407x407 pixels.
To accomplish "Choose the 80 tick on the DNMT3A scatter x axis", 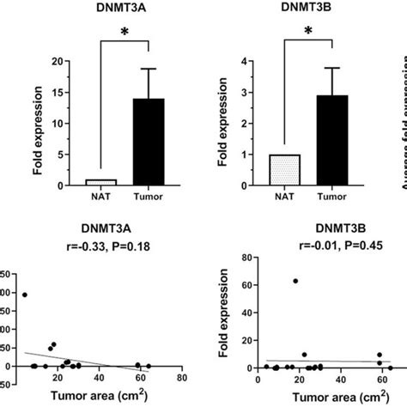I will click(180, 377).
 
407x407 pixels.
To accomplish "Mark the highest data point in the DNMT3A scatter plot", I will click(23, 295).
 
